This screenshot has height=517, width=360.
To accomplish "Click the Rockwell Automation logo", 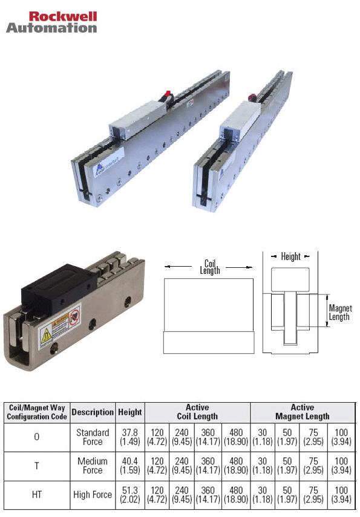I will pos(51,22).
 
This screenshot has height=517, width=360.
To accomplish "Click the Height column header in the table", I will pos(130,412).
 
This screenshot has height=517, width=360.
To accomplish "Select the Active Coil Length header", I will pos(197,412).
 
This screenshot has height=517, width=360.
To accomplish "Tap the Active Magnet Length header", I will pos(302,412).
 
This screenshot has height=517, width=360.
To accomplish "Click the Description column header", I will pos(93,412).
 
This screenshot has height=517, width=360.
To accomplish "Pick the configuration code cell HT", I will pos(37,495).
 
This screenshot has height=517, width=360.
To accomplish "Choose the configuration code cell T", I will pos(37,466).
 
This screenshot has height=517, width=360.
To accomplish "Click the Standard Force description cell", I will pos(93,437).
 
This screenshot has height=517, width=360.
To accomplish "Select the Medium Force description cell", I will pos(93,466).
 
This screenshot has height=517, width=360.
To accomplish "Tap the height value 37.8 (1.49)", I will pos(130,437).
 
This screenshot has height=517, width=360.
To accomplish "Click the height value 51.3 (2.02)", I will pos(130,495).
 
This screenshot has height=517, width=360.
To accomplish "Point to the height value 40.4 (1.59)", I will pos(130,466).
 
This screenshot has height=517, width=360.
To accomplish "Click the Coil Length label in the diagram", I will pos(210,267).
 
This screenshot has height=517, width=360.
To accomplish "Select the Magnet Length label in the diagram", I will pos(339,313).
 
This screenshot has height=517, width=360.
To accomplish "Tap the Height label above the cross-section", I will pos(290,256).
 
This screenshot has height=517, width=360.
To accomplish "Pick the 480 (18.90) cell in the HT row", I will pos(237,495).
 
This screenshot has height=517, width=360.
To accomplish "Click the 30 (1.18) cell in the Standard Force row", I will pos(263,437).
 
